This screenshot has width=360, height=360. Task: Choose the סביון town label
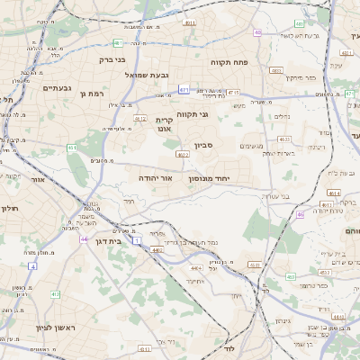[x=203, y=145]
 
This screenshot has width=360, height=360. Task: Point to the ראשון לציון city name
[x=53, y=327]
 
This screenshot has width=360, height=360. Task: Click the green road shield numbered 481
[x=118, y=42]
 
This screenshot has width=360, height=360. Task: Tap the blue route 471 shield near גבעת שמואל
[x=184, y=90]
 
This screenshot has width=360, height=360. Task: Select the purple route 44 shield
[x=84, y=239]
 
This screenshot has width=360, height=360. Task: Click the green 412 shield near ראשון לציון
[x=55, y=294]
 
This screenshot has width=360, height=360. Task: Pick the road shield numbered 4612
[x=140, y=117]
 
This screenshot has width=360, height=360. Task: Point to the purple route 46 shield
[x=300, y=215]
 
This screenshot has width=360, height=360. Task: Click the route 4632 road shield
[x=283, y=139]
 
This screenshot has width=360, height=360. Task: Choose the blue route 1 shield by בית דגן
[x=136, y=239]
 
